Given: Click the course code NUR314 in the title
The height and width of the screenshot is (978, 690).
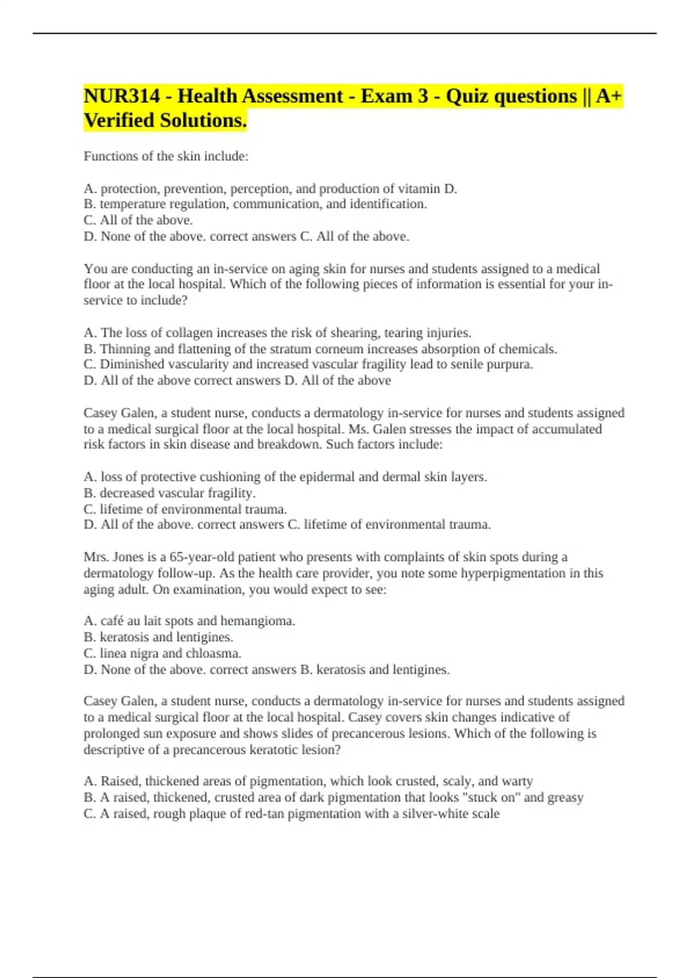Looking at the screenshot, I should point(121,96).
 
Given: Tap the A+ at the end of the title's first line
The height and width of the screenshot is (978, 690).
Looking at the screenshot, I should point(609,96).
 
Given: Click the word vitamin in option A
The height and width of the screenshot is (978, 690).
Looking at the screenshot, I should point(419,189).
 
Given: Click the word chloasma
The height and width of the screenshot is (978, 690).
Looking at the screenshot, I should point(213,654).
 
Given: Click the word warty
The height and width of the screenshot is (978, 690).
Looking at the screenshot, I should point(517,781).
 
